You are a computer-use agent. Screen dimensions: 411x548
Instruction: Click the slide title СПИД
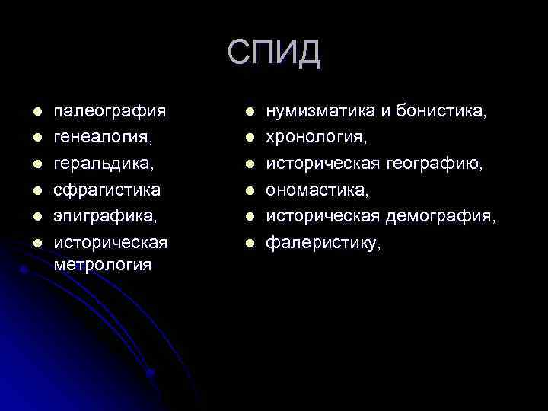pos(274,53)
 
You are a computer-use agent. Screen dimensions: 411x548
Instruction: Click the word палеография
pos(110,113)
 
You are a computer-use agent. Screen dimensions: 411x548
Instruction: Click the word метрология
pos(102,265)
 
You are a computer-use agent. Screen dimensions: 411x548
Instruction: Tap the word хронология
pos(316,139)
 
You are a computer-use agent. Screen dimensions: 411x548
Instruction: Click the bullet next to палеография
pos(36,113)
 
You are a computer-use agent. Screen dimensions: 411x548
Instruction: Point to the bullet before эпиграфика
pos(36,216)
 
